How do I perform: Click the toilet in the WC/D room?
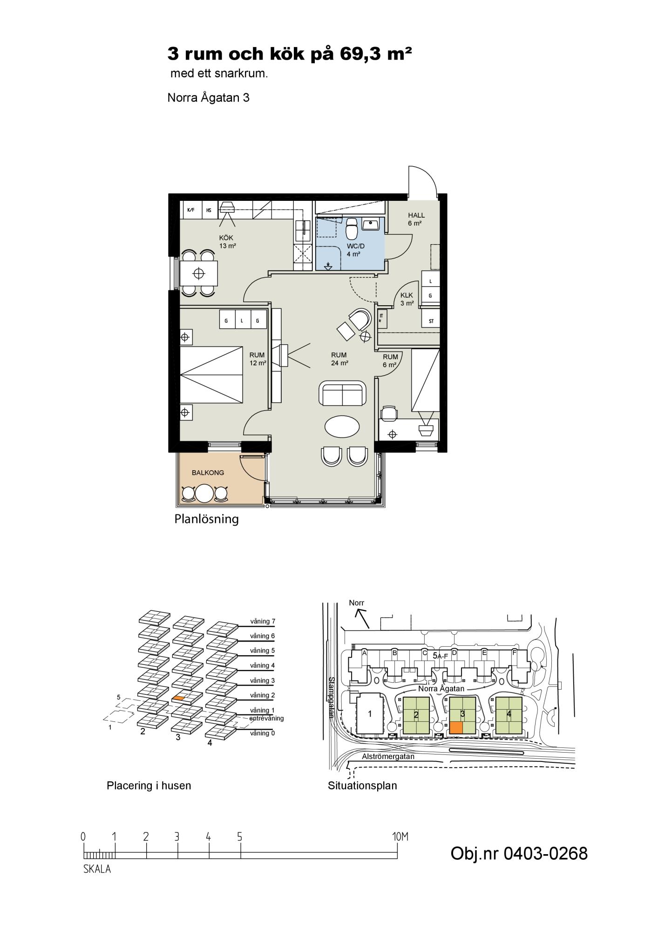point(352,228)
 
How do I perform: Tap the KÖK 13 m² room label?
point(227,242)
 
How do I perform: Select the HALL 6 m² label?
point(416,219)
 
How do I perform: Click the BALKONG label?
point(208,473)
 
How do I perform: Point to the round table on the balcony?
point(204,493)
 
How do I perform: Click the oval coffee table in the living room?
point(342,426)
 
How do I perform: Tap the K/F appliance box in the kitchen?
point(190,210)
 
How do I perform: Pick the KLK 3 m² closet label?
point(407,299)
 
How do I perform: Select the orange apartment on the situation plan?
point(456,728)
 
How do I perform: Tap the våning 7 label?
point(263,621)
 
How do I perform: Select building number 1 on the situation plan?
point(370,713)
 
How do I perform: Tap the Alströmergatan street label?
point(388,756)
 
